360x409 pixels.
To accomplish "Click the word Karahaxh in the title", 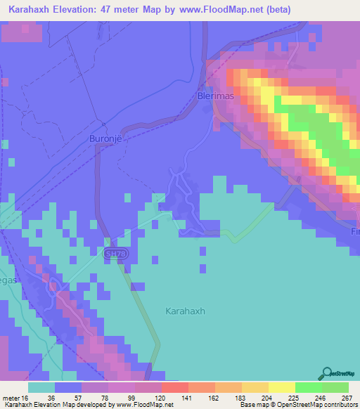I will (x=33, y=9).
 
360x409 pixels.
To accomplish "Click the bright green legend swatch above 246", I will (x=309, y=387).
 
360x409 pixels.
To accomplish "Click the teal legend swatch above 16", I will (x=41, y=387).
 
